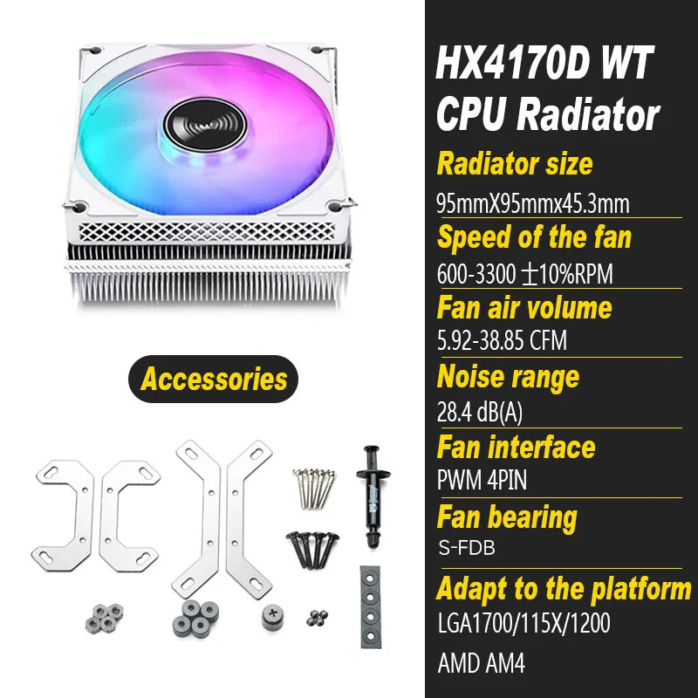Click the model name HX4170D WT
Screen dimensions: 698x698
(x=543, y=65)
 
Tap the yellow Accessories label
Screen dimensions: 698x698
(x=214, y=379)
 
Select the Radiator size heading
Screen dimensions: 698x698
(x=515, y=163)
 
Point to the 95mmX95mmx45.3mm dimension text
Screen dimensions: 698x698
(x=532, y=204)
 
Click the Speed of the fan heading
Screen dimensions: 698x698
(x=534, y=236)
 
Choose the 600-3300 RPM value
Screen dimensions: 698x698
(x=524, y=274)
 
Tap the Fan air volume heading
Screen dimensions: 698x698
(x=524, y=307)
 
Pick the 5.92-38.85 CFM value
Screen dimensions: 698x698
(x=502, y=340)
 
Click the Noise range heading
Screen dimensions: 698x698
(x=507, y=377)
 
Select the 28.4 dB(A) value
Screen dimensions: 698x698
(x=482, y=411)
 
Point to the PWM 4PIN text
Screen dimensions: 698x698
(x=482, y=480)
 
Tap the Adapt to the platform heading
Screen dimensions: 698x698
(x=564, y=588)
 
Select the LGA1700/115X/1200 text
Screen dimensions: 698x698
(x=523, y=624)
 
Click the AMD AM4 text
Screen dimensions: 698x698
(x=481, y=665)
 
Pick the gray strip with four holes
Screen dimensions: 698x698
(x=370, y=606)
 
